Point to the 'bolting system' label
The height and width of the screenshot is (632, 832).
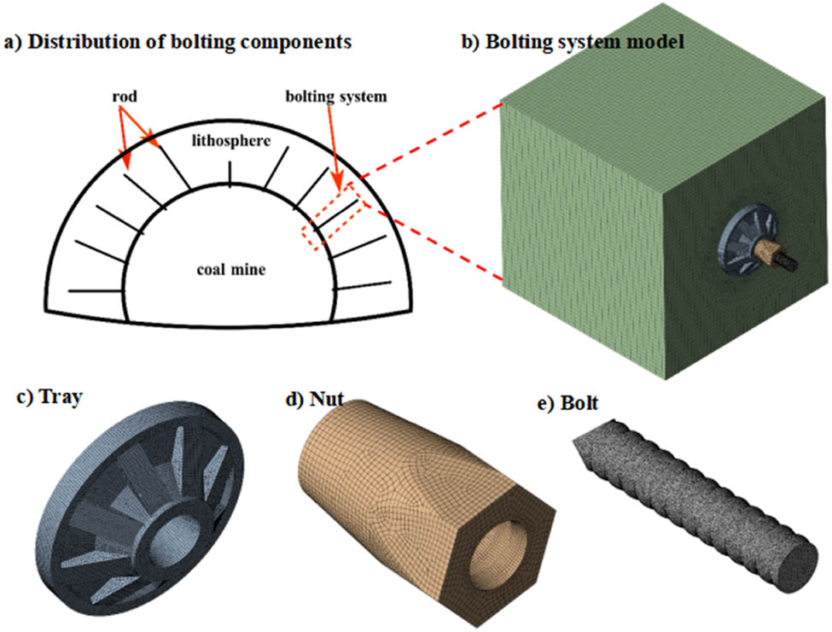(x=336, y=97)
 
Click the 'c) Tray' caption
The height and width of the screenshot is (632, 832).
(x=49, y=397)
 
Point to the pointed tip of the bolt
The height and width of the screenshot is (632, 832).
(x=581, y=448)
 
